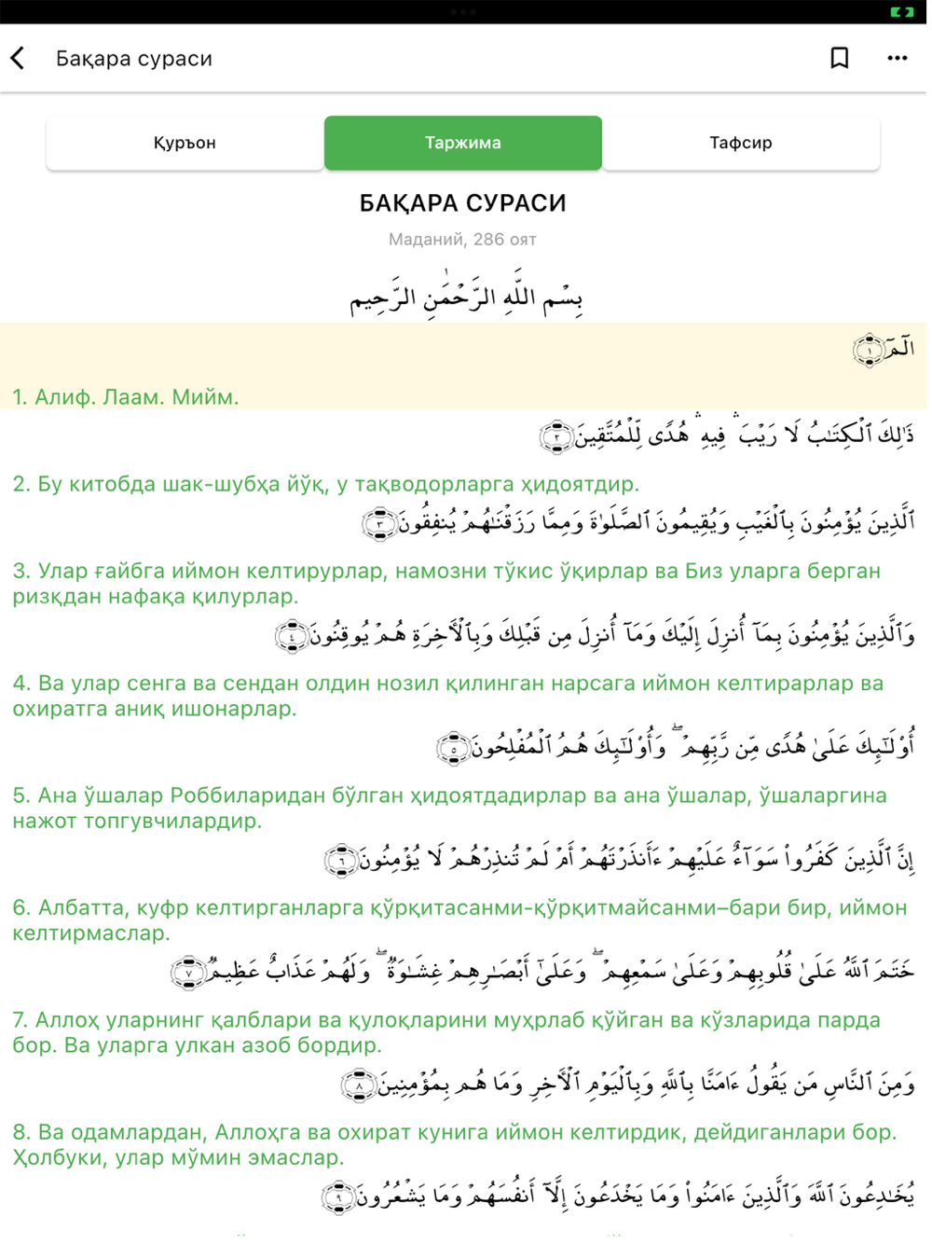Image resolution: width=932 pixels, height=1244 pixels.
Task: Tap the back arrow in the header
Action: pos(18,58)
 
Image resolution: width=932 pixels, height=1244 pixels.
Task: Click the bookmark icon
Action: pos(839,58)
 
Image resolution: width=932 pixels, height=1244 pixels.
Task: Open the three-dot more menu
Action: pos(897,58)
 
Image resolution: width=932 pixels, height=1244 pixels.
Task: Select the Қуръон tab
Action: pos(185,143)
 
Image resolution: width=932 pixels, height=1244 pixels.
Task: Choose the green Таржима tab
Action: pos(462,143)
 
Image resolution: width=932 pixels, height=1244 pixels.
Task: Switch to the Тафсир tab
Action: pos(740,143)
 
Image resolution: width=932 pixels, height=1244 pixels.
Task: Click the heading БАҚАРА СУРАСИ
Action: pos(462,203)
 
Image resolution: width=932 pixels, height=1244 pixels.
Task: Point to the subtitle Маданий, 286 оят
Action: pos(462,240)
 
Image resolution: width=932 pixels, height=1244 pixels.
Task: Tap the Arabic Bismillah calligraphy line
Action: pos(465,295)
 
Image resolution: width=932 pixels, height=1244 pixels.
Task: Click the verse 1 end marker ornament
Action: pos(868,351)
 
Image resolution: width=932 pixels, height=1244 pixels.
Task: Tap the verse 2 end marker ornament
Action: pos(556,435)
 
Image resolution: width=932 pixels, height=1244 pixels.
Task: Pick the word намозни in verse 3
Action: pos(432,571)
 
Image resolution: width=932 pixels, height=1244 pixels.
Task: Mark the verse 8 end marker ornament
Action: pos(359,1085)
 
